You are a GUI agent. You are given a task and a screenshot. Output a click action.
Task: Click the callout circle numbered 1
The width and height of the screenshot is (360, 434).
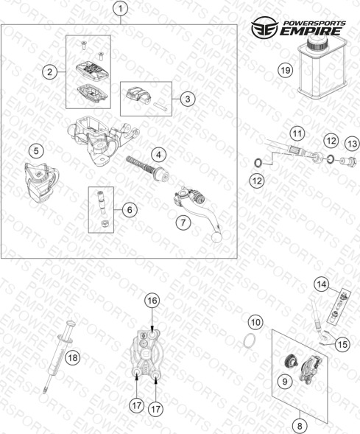[x=121, y=9]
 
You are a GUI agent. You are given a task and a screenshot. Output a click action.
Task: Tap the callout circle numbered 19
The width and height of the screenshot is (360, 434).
[x=286, y=70]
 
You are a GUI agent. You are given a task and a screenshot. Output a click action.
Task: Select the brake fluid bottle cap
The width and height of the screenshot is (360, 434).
[x=317, y=43]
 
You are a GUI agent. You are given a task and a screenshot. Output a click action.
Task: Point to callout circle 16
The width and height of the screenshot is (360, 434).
[x=152, y=301]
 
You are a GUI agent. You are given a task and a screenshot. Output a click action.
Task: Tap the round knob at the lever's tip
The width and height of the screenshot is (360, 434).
[x=216, y=237]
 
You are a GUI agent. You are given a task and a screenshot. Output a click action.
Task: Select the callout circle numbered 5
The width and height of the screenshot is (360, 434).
[x=37, y=151]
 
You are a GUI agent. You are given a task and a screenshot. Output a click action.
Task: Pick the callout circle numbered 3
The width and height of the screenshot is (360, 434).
[x=188, y=99]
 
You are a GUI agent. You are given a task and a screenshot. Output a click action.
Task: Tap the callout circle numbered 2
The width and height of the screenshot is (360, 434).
[x=49, y=72]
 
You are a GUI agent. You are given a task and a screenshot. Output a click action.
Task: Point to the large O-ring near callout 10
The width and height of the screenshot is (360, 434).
[x=250, y=340]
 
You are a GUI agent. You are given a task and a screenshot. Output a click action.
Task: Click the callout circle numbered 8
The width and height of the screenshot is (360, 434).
[x=300, y=425]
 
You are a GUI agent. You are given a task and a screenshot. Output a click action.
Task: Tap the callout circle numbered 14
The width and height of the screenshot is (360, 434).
[x=322, y=284]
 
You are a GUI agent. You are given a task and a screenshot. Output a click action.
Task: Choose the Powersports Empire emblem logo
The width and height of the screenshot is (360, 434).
[x=265, y=27]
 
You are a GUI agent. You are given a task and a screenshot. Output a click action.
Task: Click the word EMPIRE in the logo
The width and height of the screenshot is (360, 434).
[x=310, y=31]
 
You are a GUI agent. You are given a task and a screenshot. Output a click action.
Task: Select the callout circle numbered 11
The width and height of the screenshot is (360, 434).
[x=297, y=134]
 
